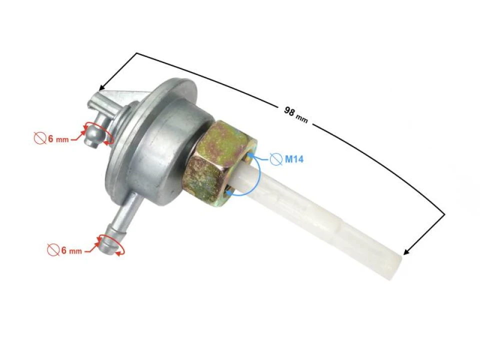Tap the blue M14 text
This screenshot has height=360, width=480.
pos(294,160)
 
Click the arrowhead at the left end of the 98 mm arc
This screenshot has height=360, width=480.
pos(102,87)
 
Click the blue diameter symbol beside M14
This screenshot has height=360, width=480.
pos(275,160)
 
